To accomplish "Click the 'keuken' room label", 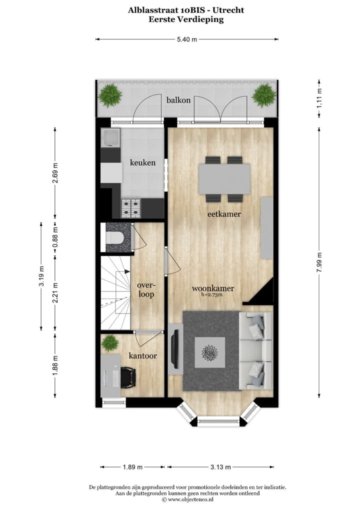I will (142, 162).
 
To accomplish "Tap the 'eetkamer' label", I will (224, 214).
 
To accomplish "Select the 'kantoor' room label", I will (142, 356).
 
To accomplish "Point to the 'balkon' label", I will (178, 100).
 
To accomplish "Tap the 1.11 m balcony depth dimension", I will (319, 98).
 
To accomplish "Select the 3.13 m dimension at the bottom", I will (220, 467).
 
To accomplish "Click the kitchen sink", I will (110, 137).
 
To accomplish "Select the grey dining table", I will (224, 179).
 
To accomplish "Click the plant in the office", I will (109, 343).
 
